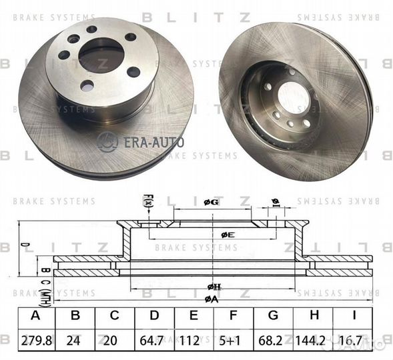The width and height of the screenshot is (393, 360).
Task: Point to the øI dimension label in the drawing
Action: [x=274, y=203]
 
